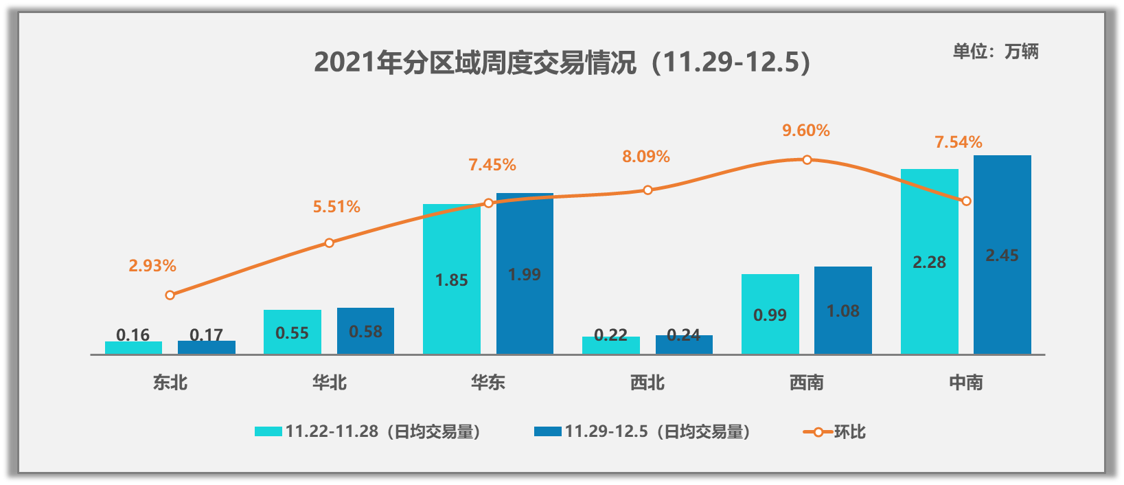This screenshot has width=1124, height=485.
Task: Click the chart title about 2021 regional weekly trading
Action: [562, 63]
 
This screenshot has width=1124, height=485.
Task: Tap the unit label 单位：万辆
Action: [996, 52]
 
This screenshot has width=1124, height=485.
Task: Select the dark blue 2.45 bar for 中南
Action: [1002, 255]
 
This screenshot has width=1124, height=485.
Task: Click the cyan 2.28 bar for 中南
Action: [929, 262]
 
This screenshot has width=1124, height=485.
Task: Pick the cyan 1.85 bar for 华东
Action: [451, 280]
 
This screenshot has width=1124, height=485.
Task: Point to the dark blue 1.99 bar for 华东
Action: [525, 274]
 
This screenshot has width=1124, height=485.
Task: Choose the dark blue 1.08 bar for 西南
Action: [842, 311]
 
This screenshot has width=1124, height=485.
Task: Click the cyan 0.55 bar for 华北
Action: [292, 332]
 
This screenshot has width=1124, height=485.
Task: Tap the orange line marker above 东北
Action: [170, 295]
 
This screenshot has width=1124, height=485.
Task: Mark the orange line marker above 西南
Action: [807, 160]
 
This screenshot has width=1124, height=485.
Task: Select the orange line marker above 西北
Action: [647, 190]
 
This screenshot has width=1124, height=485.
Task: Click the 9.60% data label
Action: [806, 131]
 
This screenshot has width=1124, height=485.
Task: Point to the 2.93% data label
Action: [152, 266]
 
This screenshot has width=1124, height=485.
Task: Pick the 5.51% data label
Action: [336, 207]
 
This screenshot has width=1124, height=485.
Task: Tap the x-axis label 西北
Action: [647, 383]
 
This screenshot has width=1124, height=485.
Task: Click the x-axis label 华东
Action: [488, 383]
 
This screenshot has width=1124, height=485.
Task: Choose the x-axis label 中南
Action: [966, 383]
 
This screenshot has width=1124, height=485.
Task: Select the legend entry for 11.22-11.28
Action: [367, 431]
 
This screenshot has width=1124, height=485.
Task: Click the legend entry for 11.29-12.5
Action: [641, 431]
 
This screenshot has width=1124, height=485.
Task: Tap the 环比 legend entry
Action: [835, 431]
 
